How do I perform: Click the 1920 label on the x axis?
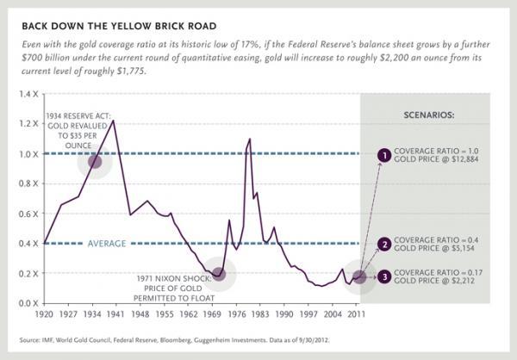45,316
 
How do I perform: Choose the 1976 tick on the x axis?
234,316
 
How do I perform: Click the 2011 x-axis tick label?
355,316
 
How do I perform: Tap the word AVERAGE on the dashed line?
106,244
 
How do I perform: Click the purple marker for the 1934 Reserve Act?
94,161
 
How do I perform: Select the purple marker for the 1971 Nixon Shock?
218,273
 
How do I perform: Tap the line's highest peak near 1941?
114,121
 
